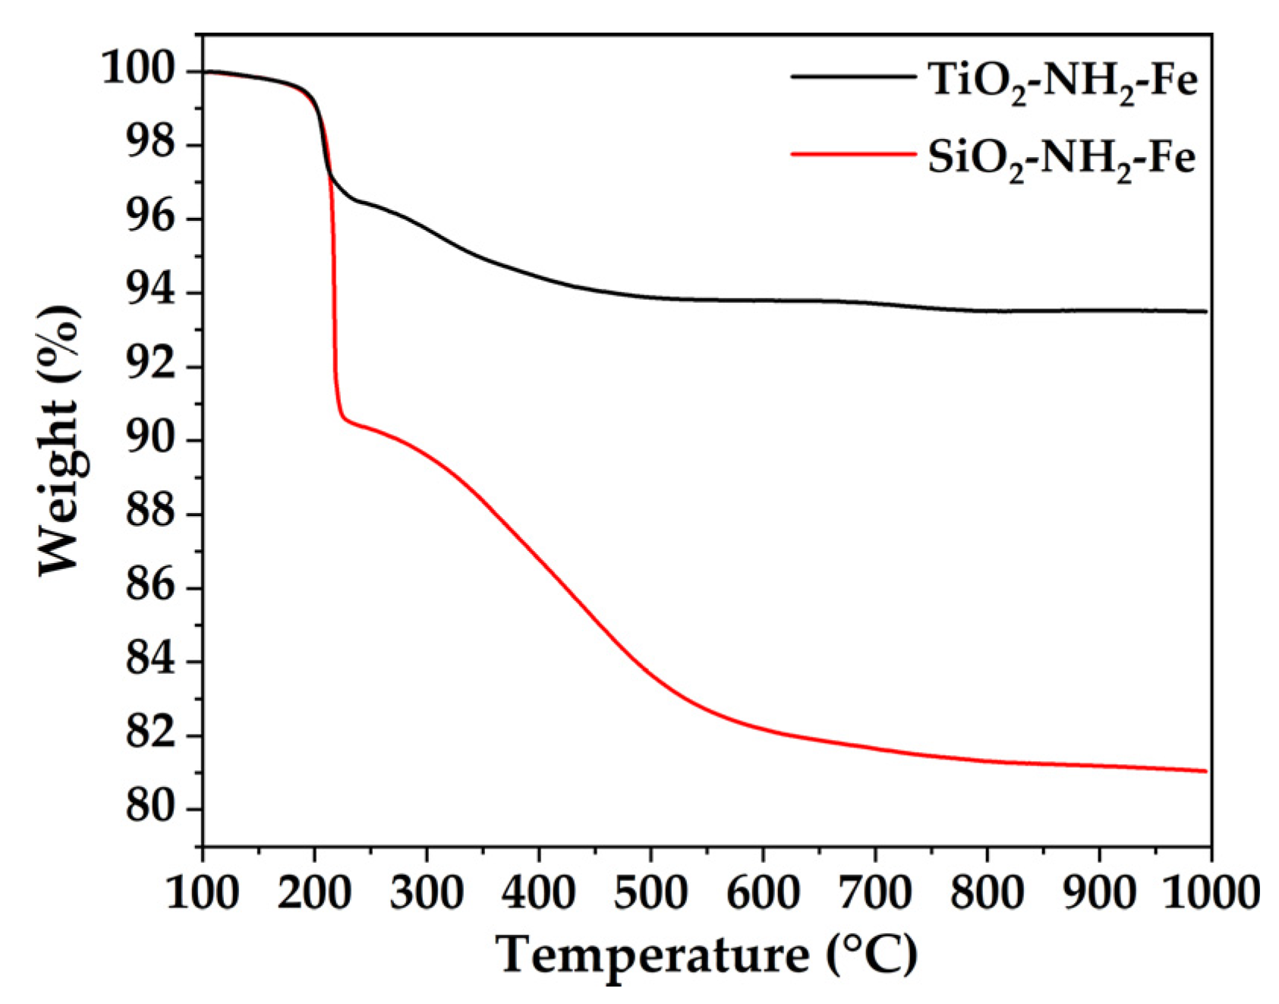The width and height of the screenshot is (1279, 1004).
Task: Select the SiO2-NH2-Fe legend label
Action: tap(1061, 159)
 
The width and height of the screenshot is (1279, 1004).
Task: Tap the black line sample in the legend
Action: tap(853, 76)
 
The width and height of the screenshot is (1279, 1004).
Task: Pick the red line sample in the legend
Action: tap(853, 154)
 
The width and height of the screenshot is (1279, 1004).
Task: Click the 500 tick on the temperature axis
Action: tap(651, 893)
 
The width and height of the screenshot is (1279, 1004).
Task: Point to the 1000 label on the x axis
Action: tap(1210, 893)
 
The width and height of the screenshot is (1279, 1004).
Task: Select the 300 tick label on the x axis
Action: tap(427, 893)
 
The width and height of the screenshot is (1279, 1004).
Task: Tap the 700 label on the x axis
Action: tap(874, 893)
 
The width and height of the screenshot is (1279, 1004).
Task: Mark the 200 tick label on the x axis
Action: tap(314, 893)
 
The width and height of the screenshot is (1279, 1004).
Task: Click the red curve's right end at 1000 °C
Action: tap(1205, 771)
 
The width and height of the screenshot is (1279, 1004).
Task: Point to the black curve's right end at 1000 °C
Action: tap(1205, 311)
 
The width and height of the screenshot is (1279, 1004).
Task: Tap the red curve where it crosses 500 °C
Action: tap(651, 672)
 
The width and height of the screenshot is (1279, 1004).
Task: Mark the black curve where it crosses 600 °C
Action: tap(763, 301)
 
